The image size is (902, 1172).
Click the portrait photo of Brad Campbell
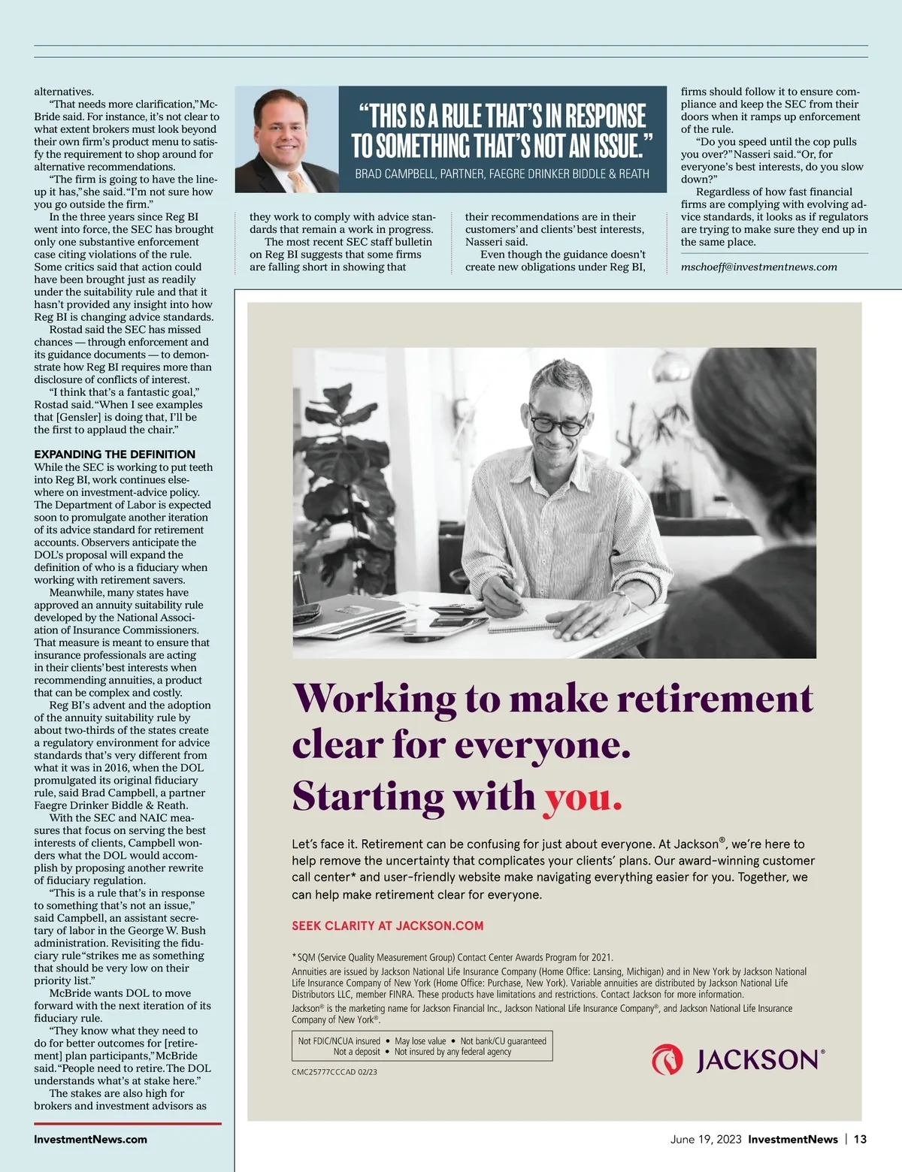click(286, 139)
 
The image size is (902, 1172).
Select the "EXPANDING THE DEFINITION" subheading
click(114, 454)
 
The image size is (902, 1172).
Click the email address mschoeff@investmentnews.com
click(758, 267)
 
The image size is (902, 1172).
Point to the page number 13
click(860, 1139)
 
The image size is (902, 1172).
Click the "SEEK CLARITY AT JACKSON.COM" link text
click(387, 926)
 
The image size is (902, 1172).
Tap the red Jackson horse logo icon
click(667, 1059)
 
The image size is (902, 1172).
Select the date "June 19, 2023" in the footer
click(706, 1139)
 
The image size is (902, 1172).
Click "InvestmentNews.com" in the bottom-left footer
click(90, 1139)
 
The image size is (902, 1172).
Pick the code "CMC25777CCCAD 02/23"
click(334, 1072)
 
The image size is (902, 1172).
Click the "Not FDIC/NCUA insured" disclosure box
click(421, 1046)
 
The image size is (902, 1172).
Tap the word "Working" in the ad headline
click(374, 699)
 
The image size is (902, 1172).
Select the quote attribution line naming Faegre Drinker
click(501, 174)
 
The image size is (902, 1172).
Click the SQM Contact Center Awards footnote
click(453, 957)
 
